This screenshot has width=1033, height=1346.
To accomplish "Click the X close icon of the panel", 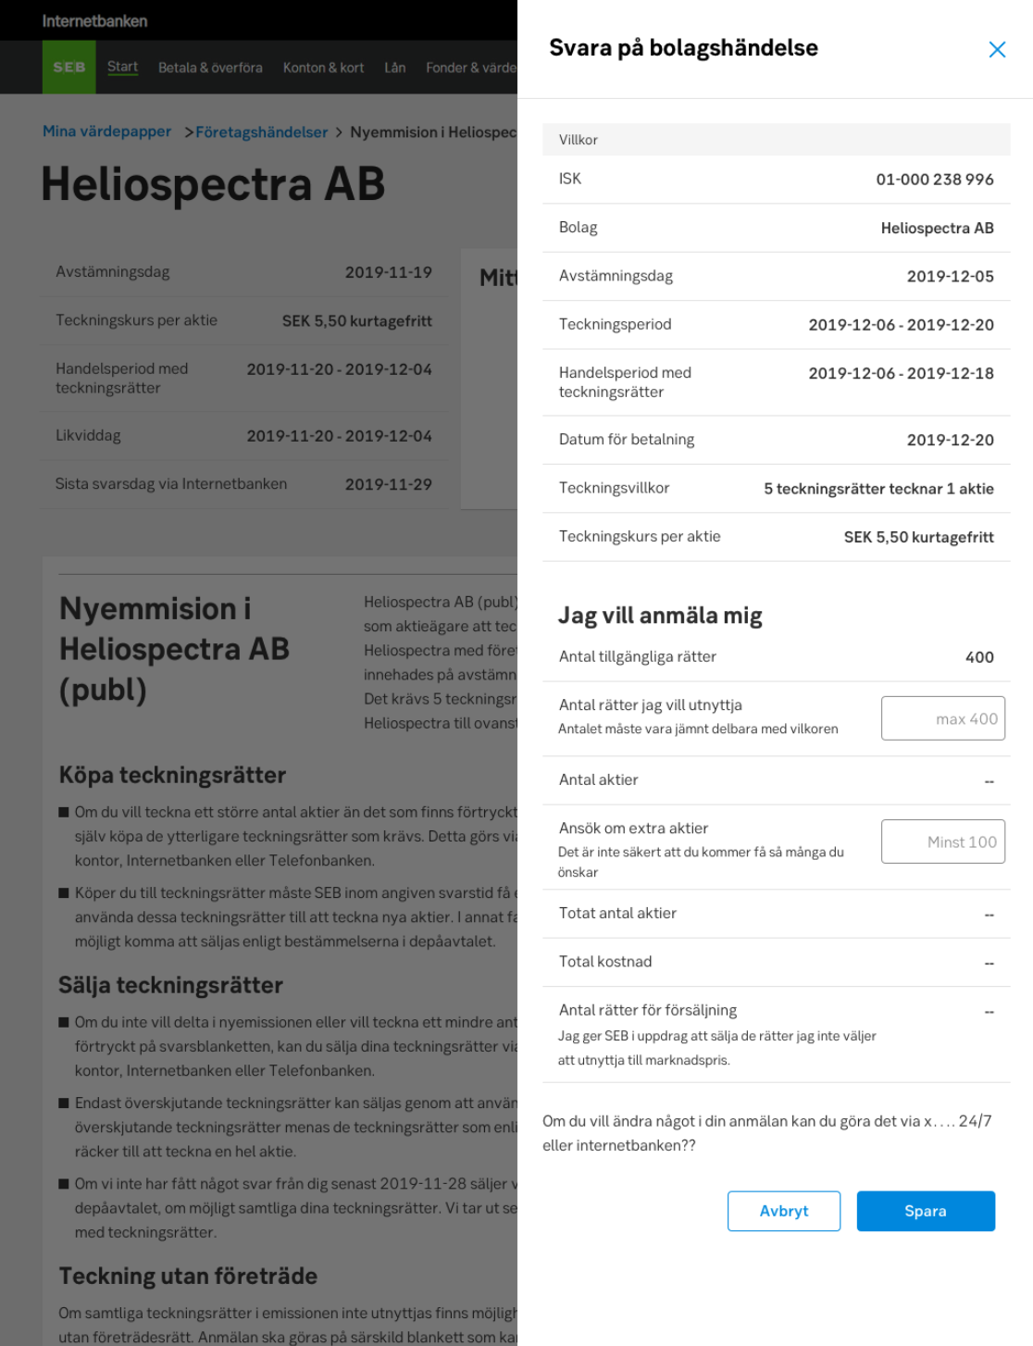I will pyautogui.click(x=997, y=50).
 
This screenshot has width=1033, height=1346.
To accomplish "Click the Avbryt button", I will pyautogui.click(x=783, y=1211).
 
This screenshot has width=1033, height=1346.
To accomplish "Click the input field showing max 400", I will pyautogui.click(x=942, y=718).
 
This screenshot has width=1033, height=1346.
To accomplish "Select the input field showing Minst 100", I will pyautogui.click(x=942, y=841).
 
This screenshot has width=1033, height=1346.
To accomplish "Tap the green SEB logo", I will pyautogui.click(x=68, y=68).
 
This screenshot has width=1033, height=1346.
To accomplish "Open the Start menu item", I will pyautogui.click(x=122, y=67).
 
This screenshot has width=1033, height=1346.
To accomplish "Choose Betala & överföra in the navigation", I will pyautogui.click(x=210, y=68).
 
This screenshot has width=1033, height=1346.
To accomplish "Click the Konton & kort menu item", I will pyautogui.click(x=323, y=68).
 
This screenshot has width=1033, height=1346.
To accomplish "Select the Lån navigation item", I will pyautogui.click(x=395, y=68).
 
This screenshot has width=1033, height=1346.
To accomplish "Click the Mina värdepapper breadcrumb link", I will pyautogui.click(x=106, y=131).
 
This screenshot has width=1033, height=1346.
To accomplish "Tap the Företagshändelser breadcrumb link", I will pyautogui.click(x=261, y=132).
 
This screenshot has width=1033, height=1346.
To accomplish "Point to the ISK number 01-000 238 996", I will pyautogui.click(x=934, y=180).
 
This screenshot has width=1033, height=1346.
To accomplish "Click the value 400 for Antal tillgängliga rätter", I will pyautogui.click(x=979, y=657).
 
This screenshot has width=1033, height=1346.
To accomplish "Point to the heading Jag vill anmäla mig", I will pyautogui.click(x=660, y=616).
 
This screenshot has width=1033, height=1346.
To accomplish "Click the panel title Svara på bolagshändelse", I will pyautogui.click(x=683, y=48).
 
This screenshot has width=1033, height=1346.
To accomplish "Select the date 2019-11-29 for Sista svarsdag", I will pyautogui.click(x=388, y=484).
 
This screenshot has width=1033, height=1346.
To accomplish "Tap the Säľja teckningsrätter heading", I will pyautogui.click(x=171, y=985).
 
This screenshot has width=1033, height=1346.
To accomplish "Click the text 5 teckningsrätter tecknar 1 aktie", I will pyautogui.click(x=878, y=489).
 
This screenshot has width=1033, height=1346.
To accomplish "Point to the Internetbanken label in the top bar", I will pyautogui.click(x=94, y=20).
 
